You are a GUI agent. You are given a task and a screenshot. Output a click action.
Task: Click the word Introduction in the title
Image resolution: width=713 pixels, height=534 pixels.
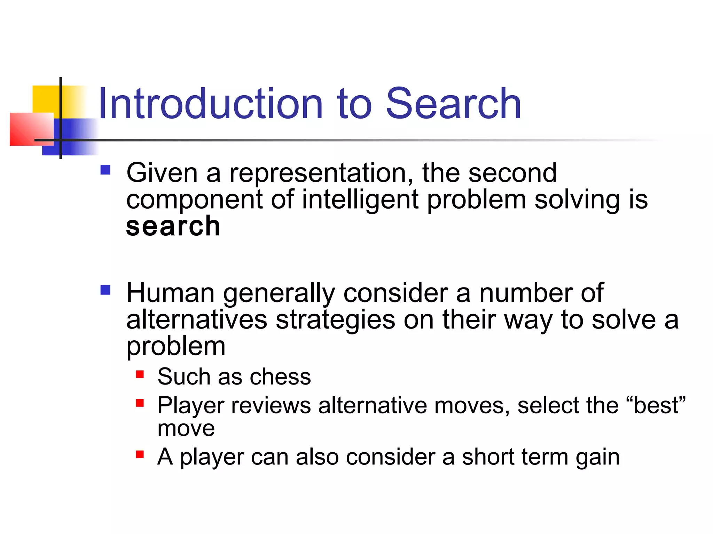coord(211,104)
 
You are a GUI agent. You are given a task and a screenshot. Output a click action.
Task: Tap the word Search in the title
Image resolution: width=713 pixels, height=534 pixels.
coord(453,104)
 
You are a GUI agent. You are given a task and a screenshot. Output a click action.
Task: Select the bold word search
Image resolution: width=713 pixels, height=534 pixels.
coord(173,226)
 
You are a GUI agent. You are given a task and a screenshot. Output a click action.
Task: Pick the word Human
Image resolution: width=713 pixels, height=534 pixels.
coord(170,293)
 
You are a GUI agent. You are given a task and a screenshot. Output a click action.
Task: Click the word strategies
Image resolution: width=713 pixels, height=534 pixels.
coord(335,319)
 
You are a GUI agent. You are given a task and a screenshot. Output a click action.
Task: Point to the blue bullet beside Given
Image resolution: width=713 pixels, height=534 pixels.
coord(105,170)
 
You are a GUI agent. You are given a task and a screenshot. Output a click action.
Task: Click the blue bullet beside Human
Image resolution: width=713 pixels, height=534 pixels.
coord(105,290)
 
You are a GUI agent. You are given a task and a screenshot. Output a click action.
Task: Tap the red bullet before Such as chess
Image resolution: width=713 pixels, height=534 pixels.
coord(140,374)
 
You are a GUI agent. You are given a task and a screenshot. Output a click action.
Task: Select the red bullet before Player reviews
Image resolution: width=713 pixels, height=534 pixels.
coord(140,403)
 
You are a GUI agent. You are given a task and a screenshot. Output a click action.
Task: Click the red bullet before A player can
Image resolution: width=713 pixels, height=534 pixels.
coord(140,454)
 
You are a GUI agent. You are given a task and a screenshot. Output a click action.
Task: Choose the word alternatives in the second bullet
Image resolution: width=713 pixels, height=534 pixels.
coord(197,319)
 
